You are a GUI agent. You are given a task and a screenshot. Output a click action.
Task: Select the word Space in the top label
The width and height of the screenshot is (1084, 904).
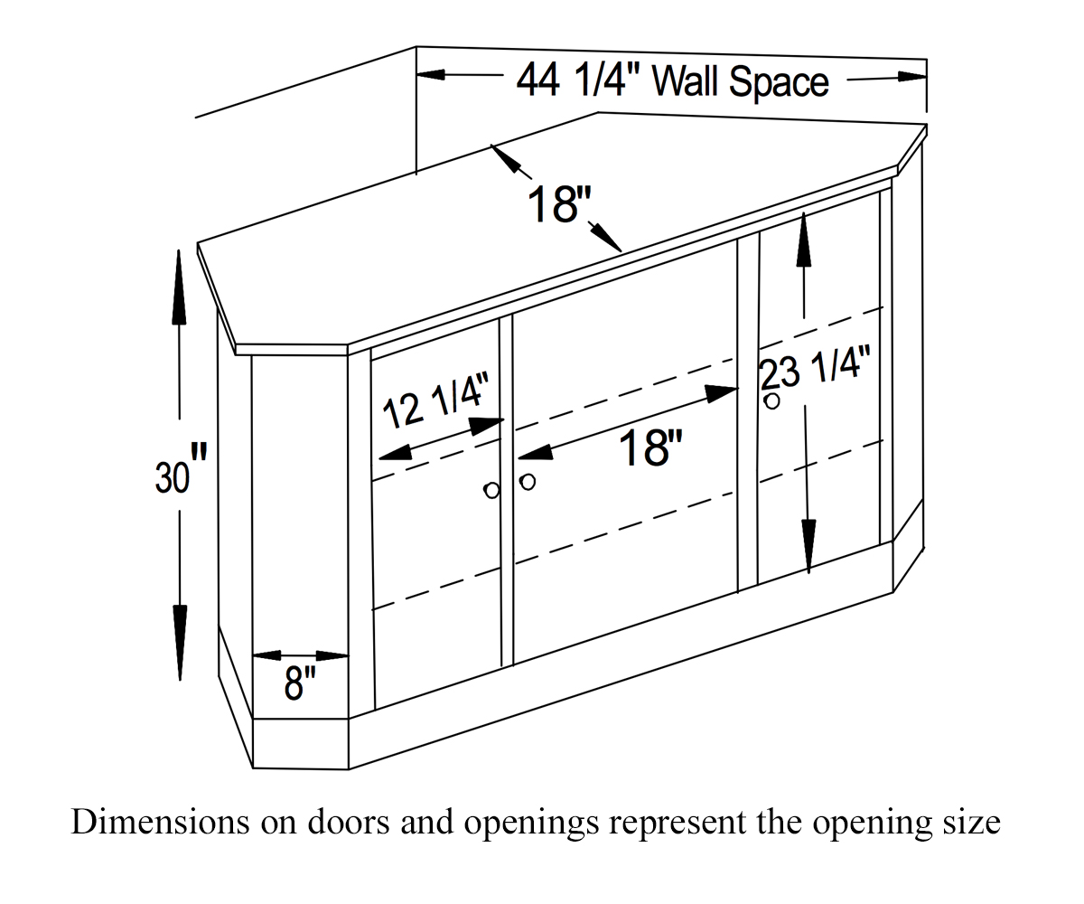(779, 83)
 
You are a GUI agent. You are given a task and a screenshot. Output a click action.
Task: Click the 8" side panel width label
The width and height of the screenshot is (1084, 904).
(300, 683)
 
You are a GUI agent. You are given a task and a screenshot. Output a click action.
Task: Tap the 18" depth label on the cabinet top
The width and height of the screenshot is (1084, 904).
(558, 204)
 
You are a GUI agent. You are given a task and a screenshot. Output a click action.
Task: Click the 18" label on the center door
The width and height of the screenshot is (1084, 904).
(650, 447)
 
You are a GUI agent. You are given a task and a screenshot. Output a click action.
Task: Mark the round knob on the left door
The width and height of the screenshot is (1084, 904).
(491, 491)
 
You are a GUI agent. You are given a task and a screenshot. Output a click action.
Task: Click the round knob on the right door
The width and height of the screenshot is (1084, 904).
(771, 400)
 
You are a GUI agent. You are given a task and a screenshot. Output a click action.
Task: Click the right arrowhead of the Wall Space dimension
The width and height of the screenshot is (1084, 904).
(911, 77)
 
